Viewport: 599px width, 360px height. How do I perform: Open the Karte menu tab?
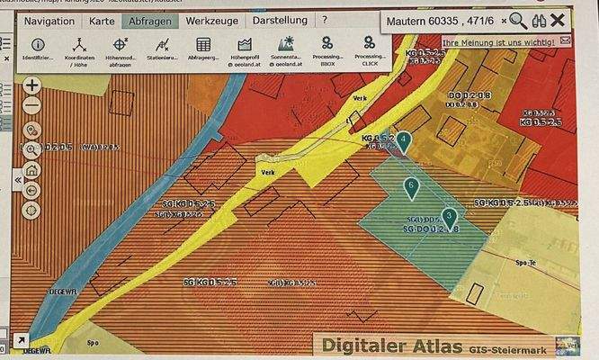[103, 20]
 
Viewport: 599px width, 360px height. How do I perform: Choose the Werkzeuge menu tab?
[212, 20]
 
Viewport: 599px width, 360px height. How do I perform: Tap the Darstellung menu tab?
[279, 20]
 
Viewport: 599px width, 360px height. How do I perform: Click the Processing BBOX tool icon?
[327, 42]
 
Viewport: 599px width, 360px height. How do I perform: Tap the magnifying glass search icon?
[518, 20]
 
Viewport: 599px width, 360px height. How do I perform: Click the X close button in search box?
[559, 20]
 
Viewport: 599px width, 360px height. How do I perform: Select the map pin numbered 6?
[411, 188]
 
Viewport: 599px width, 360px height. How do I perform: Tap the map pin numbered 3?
[449, 216]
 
